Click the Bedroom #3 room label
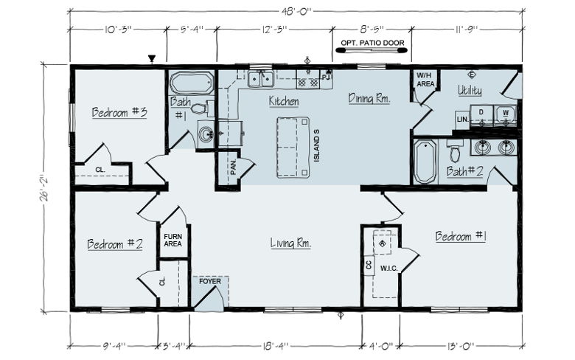click(x=119, y=112)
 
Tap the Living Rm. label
click(x=290, y=243)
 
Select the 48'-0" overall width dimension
click(x=296, y=11)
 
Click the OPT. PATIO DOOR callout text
click(x=372, y=43)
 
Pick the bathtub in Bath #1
click(x=192, y=83)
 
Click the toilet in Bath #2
click(x=455, y=151)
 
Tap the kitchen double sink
click(x=261, y=79)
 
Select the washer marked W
click(x=505, y=114)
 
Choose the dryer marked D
click(x=481, y=114)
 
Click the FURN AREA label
click(x=173, y=240)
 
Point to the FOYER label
click(x=210, y=282)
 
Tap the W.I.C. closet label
click(x=388, y=269)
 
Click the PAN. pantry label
click(x=234, y=167)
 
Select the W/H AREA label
click(x=425, y=80)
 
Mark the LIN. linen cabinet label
click(x=462, y=120)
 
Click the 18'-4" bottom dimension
click(x=276, y=346)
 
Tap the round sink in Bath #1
click(x=206, y=134)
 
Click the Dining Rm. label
click(x=369, y=98)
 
